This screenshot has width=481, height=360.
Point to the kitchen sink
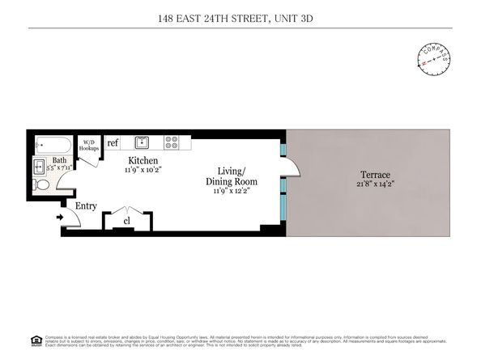141,142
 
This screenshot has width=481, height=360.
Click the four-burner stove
172,142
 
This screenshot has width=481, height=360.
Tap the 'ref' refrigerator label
113,143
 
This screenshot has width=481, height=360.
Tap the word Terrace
376,175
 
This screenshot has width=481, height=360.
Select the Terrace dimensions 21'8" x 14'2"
376,184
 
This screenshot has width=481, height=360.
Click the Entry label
86,206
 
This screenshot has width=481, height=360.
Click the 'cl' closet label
127,220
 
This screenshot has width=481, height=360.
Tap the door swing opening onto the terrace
291,167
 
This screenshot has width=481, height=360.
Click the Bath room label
60,160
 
